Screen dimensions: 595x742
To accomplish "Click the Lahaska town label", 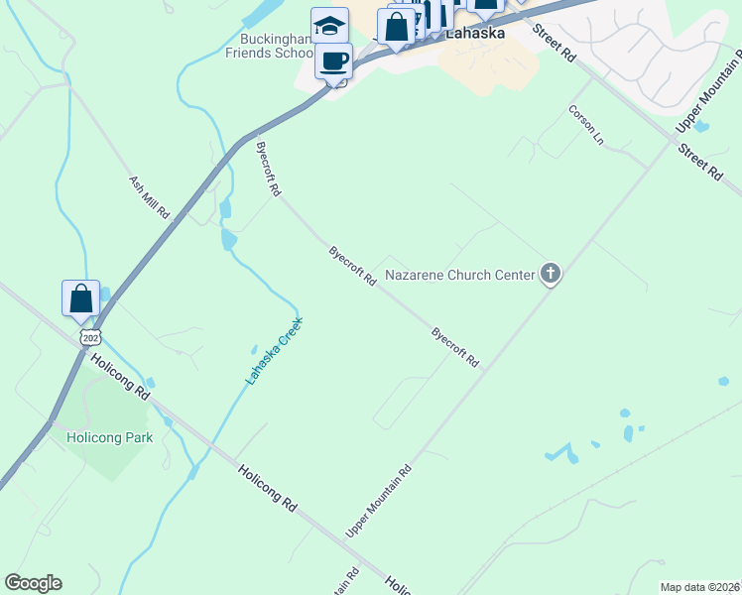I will [x=475, y=33].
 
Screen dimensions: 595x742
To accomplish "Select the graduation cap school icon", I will [x=329, y=27].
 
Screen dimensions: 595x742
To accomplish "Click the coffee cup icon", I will [x=334, y=61].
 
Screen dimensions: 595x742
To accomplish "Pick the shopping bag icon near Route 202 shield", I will [x=80, y=297].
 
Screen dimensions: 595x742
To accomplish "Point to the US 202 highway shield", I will [x=90, y=337].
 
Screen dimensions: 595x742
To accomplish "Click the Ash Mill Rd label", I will [x=150, y=197].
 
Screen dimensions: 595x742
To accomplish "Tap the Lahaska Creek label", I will [x=274, y=351].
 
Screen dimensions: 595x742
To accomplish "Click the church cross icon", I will [x=551, y=274].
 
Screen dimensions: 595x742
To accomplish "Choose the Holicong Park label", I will [x=109, y=436].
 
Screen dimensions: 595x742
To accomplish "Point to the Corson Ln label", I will [x=585, y=124].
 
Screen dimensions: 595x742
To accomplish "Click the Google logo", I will [x=33, y=583].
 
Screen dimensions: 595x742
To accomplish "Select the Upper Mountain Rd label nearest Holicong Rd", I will [x=378, y=503].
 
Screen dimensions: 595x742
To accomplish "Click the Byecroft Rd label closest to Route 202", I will [x=269, y=168].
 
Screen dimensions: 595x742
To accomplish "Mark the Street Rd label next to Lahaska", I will [x=555, y=43].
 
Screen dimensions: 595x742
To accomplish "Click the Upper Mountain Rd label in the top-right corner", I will [x=708, y=104].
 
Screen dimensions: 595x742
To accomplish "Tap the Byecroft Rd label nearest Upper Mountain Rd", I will [x=455, y=347].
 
